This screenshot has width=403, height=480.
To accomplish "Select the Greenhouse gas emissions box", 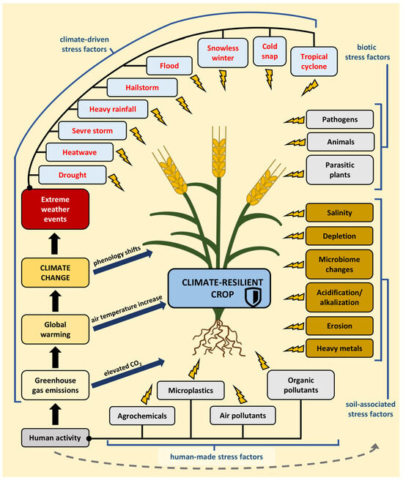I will coord(55,385).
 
